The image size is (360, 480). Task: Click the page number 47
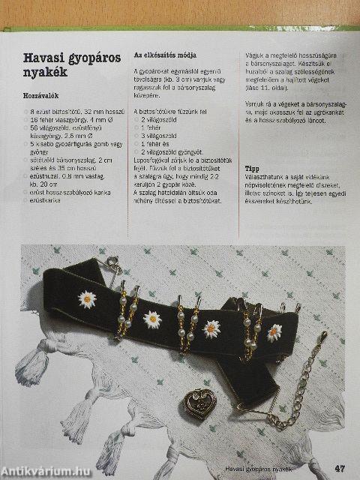point(339,469)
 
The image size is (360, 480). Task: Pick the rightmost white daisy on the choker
point(274,331)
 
